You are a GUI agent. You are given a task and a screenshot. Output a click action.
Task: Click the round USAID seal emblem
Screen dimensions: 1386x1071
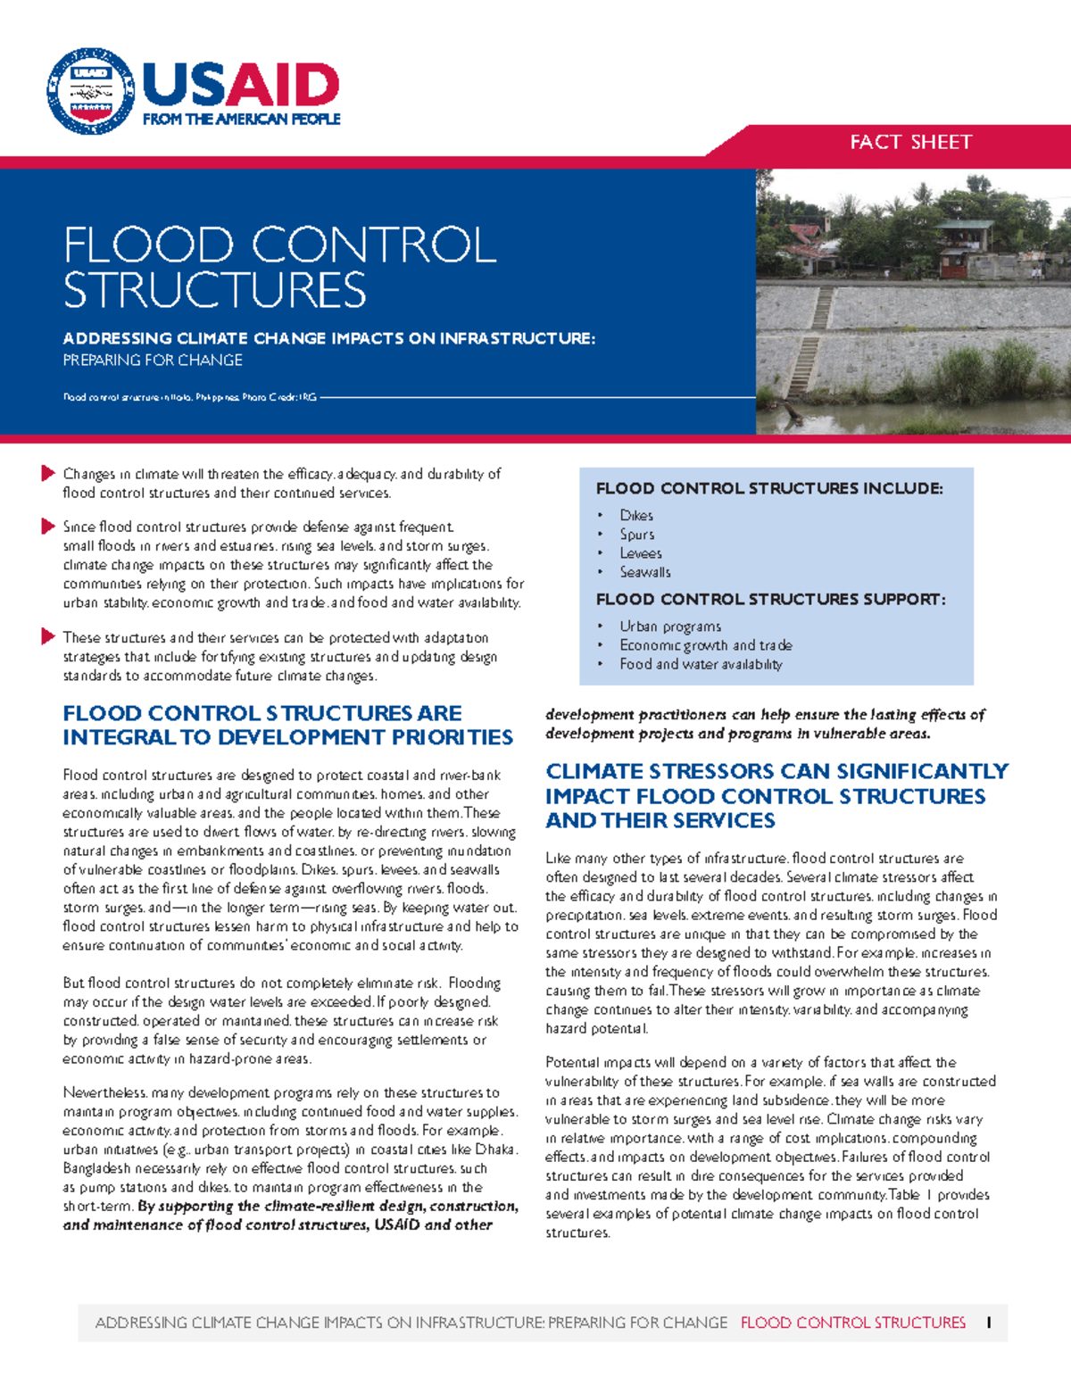[x=90, y=92]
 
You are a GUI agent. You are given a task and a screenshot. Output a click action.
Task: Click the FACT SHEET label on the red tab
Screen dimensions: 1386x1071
[x=910, y=142]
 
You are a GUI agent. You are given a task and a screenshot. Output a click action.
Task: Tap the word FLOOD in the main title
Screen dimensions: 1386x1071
[x=148, y=245]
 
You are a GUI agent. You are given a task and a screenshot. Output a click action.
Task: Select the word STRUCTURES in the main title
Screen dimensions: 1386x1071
[x=214, y=291]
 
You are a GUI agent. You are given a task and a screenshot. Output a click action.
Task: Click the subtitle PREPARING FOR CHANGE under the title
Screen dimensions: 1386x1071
[x=153, y=361]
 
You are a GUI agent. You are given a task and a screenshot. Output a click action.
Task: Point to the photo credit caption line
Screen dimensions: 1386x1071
[x=189, y=397]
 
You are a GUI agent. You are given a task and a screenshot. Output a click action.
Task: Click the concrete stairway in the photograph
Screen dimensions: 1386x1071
[x=810, y=340]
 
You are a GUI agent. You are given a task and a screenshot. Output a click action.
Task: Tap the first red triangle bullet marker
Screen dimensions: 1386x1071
[x=48, y=473]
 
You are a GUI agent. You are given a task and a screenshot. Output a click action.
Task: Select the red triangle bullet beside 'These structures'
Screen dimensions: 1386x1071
[x=48, y=636]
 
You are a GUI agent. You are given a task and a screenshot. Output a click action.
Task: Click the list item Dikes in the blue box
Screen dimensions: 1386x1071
[x=636, y=516]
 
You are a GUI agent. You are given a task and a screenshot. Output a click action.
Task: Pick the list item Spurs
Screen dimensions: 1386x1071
[x=637, y=535]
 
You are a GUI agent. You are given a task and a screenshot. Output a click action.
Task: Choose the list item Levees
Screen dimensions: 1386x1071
[x=641, y=553]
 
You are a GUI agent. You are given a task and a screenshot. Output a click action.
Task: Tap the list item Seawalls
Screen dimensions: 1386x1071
[x=645, y=572]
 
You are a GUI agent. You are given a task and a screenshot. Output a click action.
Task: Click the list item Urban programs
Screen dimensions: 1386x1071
[x=670, y=627]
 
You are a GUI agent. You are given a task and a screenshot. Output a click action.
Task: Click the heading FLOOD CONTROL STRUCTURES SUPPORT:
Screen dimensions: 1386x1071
[x=770, y=600]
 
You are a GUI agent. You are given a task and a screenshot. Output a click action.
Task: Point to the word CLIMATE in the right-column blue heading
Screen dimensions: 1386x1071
[x=604, y=771]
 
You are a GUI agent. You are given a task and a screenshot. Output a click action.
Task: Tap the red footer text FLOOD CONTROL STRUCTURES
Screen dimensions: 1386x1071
[x=852, y=1323]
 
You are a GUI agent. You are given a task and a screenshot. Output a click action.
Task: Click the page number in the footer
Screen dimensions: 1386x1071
[x=989, y=1323]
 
